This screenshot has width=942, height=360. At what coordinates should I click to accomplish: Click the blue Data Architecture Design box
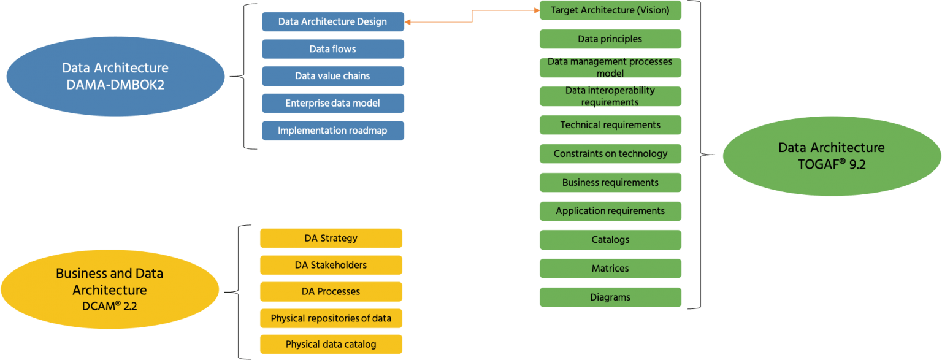tap(332, 22)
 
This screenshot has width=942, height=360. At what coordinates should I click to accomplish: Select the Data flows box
tap(332, 49)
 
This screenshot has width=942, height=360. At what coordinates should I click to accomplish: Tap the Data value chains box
tap(332, 76)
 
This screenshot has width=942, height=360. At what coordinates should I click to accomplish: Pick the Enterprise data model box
tap(332, 103)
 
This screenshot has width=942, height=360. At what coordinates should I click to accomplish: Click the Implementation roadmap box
tap(332, 131)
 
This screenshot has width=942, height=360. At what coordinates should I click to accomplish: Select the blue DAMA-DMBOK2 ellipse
tap(115, 77)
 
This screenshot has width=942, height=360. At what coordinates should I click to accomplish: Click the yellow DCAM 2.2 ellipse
tap(109, 288)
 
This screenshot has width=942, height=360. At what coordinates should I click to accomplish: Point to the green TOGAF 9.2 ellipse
tap(831, 156)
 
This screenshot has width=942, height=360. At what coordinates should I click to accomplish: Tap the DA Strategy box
tap(331, 238)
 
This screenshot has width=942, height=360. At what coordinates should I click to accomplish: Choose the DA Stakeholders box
tap(331, 265)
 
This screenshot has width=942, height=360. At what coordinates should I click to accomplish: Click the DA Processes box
tap(331, 291)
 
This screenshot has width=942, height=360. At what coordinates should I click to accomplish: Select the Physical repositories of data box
tap(331, 318)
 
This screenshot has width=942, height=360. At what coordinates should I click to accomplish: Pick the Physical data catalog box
tap(331, 344)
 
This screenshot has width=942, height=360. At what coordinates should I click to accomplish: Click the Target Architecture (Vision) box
tap(610, 10)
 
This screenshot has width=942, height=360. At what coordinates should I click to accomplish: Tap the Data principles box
tap(610, 39)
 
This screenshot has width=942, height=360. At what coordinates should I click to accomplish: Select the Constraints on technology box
tap(610, 153)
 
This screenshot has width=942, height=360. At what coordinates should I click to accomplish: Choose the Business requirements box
tap(610, 182)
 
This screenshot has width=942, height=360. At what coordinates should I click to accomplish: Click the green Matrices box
tap(610, 268)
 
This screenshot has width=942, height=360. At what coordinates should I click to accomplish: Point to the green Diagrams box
tap(610, 297)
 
